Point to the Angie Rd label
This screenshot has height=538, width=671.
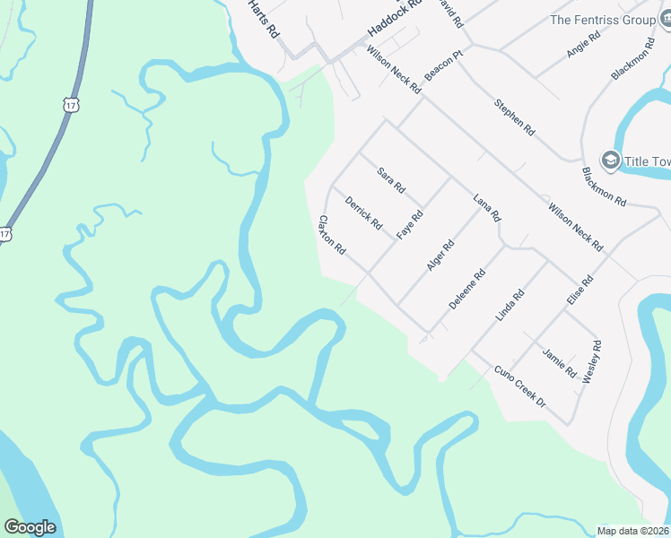point(583,42)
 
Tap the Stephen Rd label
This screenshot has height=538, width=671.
point(514,116)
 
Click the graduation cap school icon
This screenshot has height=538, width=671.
point(610,161)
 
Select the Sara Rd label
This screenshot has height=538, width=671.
point(391,179)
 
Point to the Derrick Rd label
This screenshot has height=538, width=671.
point(363,212)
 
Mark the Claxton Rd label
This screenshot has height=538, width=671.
point(332,235)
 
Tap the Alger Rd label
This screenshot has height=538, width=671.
point(440,256)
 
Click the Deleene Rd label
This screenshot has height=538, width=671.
point(466,290)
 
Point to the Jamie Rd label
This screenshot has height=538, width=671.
point(560,361)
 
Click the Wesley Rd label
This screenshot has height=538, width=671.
point(592,362)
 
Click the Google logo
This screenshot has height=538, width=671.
point(30,527)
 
